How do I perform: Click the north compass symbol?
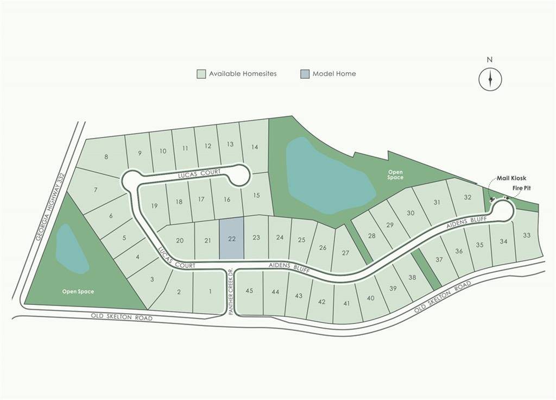pos(490,79)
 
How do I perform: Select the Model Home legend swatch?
pos(305,74)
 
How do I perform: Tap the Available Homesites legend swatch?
pos(201,74)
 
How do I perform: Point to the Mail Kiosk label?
pos(511,178)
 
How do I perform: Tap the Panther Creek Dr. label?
pos(231,291)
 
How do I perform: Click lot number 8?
pos(106,157)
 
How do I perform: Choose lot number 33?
pos(526,235)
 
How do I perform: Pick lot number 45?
pos(249,291)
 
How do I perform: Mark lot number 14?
pos(254,147)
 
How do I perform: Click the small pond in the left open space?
pos(72,248)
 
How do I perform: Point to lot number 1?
pos(210,291)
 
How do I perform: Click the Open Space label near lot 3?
pos(78,292)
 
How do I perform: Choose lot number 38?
pos(412,277)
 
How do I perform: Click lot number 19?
pos(154,205)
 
